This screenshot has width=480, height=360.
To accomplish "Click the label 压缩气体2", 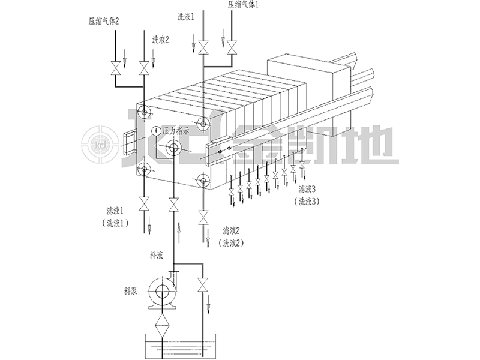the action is (x=103, y=22).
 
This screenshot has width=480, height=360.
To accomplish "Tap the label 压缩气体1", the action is (x=243, y=5).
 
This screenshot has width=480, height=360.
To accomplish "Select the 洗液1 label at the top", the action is (x=186, y=17).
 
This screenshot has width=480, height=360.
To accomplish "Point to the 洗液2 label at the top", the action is (x=160, y=40).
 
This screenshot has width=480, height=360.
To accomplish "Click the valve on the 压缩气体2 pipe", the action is (x=115, y=68).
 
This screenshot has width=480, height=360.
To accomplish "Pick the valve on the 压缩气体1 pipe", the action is (x=232, y=48).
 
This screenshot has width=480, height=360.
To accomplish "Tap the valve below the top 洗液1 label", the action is (x=202, y=48).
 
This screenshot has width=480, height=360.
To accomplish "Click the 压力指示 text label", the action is (x=175, y=131).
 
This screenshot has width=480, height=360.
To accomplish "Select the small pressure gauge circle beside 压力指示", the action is (x=157, y=131).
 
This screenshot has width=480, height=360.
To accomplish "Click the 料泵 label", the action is (x=130, y=291).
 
